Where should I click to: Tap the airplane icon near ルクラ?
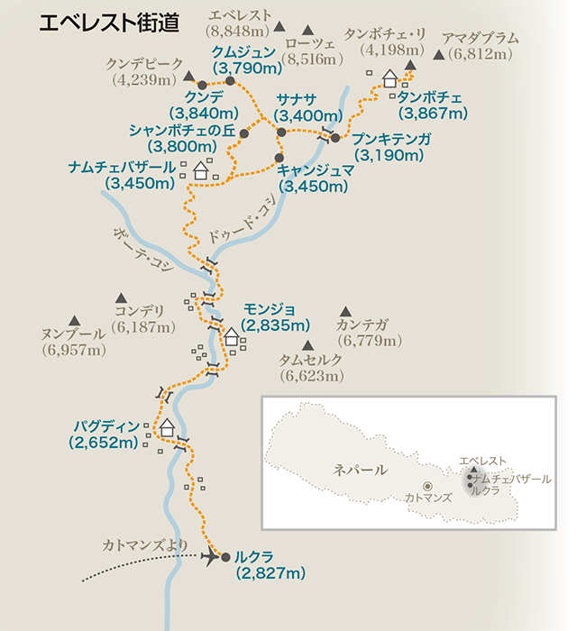pos(212,555)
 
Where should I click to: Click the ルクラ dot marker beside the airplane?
pos(226,556)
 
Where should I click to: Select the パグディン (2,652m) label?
pos(107,434)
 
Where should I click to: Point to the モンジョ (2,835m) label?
pos(276,317)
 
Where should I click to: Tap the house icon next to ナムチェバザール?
pos(201,168)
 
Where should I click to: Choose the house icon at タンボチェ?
pos(390,79)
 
